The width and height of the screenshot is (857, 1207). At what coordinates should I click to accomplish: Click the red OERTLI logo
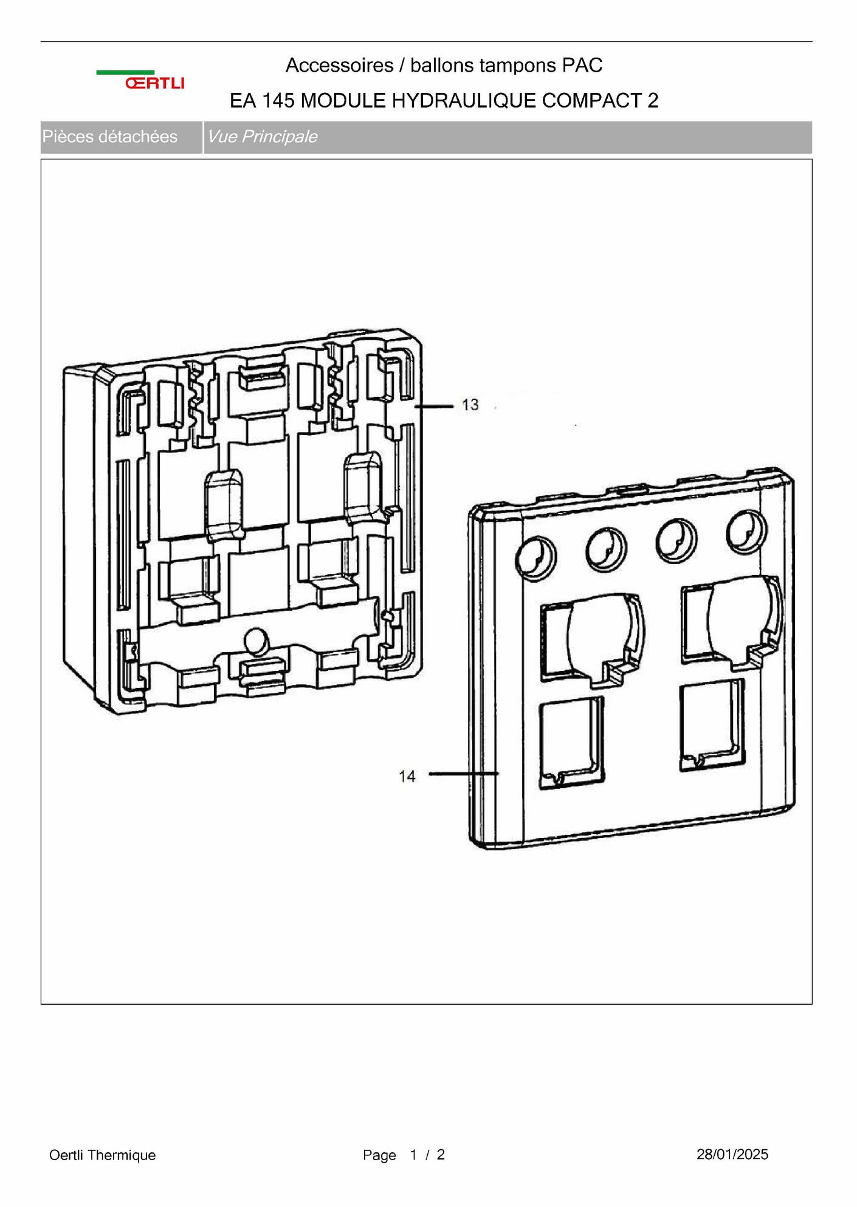pos(154,83)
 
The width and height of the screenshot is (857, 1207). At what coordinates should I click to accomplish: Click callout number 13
pos(470,405)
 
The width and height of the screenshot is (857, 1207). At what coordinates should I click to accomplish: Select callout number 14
pos(407,776)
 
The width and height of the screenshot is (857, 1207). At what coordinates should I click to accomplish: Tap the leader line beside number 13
pos(434,405)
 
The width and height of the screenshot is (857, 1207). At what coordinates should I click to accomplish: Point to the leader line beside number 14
pos(464,774)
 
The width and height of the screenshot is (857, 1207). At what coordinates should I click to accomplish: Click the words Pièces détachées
pos(110,137)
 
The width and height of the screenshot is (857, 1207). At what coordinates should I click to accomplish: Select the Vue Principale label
pos(262,137)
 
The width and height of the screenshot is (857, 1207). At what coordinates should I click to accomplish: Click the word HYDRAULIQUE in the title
pos(464,101)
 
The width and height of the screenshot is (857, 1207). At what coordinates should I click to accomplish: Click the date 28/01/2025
pos(732,1154)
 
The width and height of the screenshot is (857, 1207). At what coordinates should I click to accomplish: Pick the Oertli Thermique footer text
pos(103,1155)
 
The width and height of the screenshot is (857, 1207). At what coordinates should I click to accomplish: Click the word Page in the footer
pos(379,1155)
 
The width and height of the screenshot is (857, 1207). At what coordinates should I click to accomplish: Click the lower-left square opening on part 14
pos(571,743)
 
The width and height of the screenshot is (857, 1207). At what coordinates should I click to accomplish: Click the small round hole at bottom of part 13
pos(255,641)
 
